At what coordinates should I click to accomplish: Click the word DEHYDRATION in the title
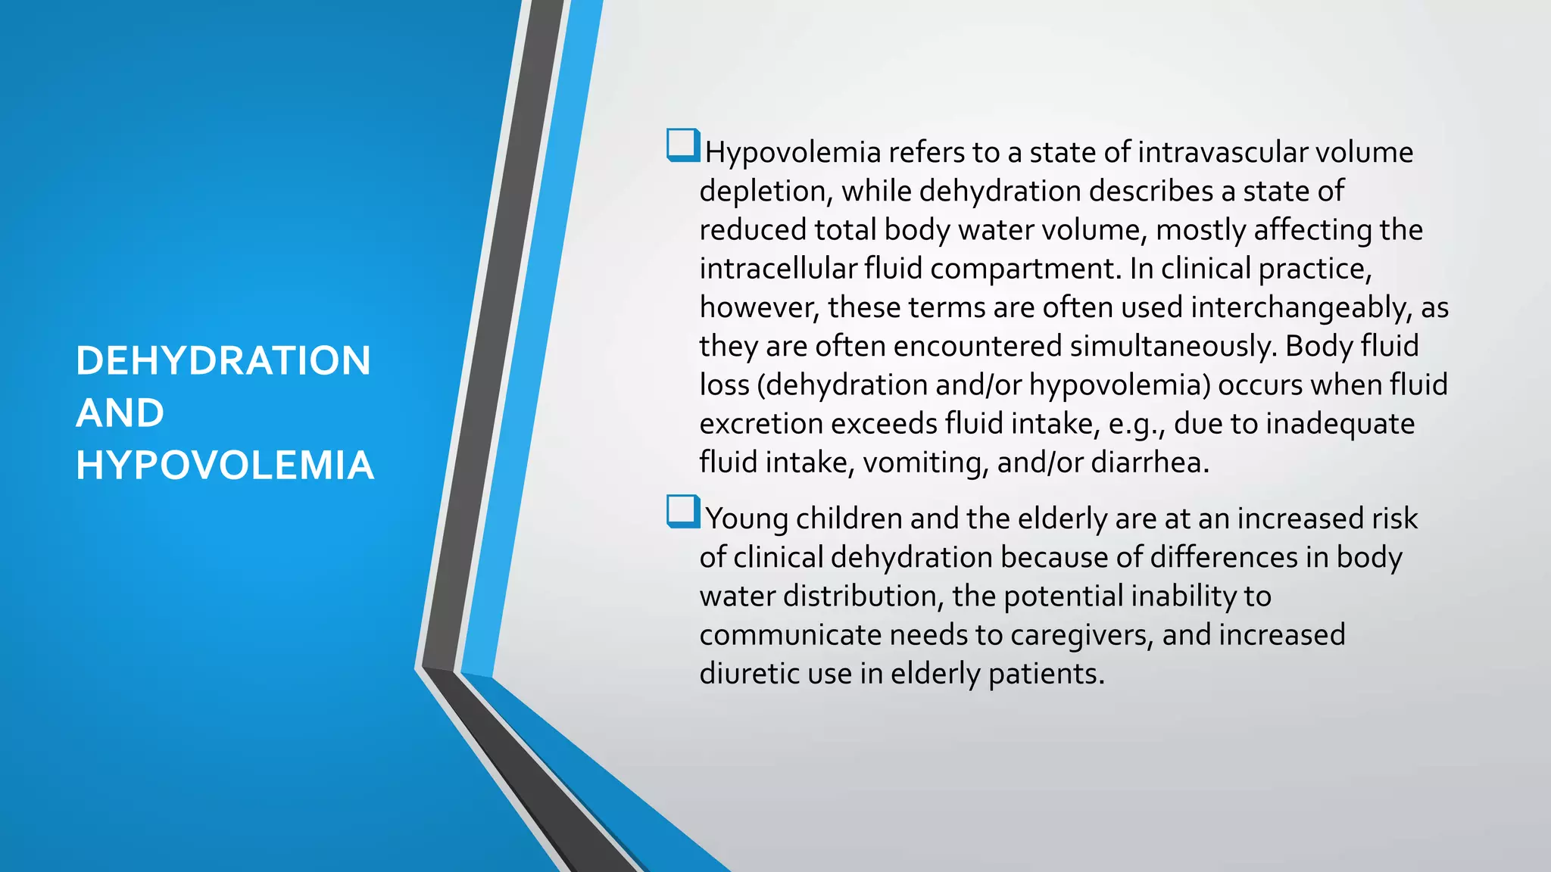(x=223, y=360)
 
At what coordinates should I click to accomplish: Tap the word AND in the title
(x=120, y=413)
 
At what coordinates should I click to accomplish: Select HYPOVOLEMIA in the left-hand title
(x=225, y=465)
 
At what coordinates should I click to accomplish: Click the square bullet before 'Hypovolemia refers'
(x=683, y=145)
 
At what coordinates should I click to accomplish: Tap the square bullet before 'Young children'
(x=683, y=511)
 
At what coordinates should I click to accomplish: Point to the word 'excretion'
(x=760, y=424)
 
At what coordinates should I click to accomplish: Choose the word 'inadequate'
(x=1340, y=424)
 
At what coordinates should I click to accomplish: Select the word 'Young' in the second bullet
(x=747, y=519)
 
